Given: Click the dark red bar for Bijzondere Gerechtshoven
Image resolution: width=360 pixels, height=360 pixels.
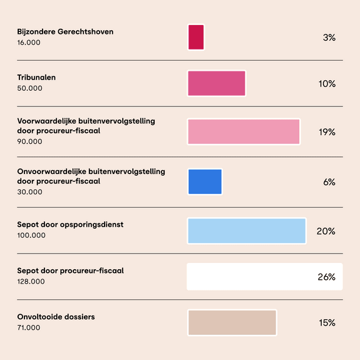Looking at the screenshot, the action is (x=196, y=37).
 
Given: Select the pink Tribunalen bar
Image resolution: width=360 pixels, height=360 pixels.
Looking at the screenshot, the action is (x=217, y=83).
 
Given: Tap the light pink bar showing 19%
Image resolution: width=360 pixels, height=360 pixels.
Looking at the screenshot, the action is (x=244, y=131).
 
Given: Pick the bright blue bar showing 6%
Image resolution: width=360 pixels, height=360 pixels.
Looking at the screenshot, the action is (x=205, y=182).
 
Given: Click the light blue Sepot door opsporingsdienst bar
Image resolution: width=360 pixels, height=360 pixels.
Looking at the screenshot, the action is (x=247, y=231).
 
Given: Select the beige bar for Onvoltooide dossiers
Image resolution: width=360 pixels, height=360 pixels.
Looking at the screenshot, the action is (x=232, y=322).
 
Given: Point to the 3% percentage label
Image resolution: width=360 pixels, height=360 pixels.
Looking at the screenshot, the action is (x=329, y=38).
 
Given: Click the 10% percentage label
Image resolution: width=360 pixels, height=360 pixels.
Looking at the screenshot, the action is (x=327, y=83).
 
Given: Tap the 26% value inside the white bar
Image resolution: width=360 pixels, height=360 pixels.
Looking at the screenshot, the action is (x=326, y=277).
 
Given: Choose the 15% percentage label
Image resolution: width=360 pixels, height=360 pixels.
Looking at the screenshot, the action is (x=327, y=323).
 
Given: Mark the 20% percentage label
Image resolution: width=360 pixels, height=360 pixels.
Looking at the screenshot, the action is (x=326, y=231).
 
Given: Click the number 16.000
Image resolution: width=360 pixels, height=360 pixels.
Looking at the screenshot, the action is (x=29, y=43).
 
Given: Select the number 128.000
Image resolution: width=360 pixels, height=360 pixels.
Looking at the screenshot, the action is (x=31, y=282).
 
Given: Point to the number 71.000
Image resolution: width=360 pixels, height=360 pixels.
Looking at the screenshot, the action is (x=29, y=327).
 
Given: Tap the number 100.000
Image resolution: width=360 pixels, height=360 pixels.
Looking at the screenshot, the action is (x=31, y=235).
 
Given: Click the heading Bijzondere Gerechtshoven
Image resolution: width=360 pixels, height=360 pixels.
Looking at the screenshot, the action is (x=65, y=32).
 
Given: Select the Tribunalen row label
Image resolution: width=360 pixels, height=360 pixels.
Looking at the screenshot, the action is (x=36, y=78).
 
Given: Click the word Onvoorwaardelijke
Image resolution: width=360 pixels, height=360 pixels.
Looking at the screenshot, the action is (x=52, y=172).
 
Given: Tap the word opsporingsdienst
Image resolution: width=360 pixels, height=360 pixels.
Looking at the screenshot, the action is (x=91, y=225).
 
